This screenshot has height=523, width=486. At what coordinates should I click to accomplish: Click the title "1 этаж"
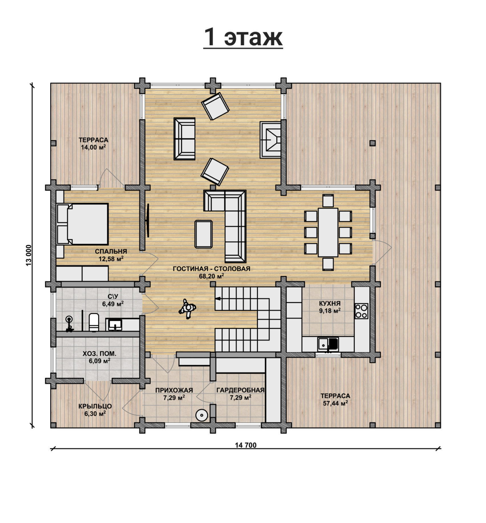[x=243, y=37]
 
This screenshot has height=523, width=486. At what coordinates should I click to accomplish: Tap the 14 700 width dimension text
[x=246, y=445]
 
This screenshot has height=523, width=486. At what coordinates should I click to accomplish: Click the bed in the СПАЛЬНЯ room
[x=83, y=224]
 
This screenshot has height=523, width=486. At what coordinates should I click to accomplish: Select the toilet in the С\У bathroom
[x=94, y=322]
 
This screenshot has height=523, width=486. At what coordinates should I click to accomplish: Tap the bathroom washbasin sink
[x=115, y=325]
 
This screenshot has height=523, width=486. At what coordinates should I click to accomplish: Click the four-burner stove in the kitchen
[x=361, y=311]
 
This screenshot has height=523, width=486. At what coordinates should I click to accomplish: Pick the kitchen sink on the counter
[x=328, y=344]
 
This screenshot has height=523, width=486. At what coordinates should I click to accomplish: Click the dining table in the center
[x=328, y=232]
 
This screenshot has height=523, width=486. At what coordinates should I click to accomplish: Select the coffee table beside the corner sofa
[x=204, y=234]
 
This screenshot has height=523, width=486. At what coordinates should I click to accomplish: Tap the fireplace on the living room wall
[x=270, y=140]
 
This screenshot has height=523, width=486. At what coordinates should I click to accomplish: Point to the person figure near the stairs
[x=188, y=309]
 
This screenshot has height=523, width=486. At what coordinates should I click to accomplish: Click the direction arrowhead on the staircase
[x=218, y=299]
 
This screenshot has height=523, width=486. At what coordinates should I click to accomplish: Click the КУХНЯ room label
[x=330, y=303]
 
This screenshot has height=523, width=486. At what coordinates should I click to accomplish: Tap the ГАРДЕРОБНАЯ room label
[x=240, y=390]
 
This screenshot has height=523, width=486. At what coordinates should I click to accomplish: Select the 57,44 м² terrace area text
[x=335, y=403]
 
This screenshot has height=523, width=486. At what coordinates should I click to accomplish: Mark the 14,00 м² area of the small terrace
[x=94, y=147]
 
